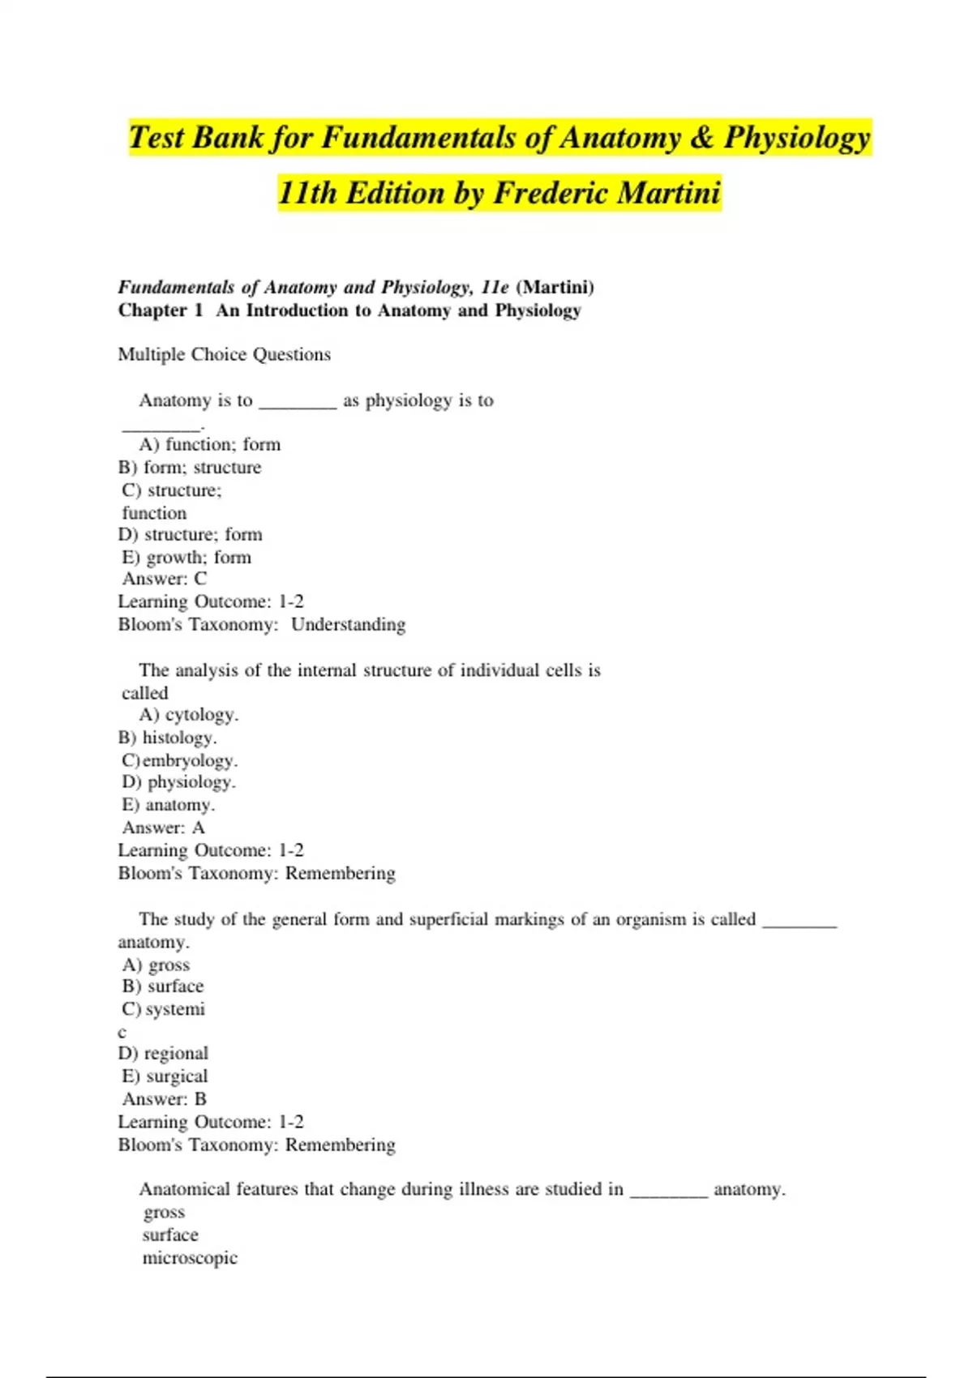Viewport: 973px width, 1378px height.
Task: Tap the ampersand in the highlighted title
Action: coord(701,138)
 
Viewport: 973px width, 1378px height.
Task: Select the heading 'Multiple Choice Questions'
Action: coord(225,354)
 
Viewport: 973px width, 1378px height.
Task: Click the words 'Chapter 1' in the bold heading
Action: coord(161,310)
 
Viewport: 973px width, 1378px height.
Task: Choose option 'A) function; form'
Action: coord(210,444)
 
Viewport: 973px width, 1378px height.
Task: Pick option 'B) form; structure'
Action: coord(190,467)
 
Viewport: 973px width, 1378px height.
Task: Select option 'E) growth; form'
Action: coord(186,557)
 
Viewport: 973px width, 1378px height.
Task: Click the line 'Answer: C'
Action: coord(165,579)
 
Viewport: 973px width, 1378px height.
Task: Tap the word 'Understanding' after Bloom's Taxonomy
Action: coord(348,624)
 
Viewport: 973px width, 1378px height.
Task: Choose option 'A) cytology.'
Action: coord(189,714)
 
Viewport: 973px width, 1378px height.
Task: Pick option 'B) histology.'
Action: coord(168,738)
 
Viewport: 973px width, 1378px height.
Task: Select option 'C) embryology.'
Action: coord(180,760)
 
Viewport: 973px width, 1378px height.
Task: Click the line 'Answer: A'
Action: coord(164,828)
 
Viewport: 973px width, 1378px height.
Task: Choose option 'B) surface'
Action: coord(163,986)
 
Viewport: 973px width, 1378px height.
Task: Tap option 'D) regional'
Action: coord(164,1054)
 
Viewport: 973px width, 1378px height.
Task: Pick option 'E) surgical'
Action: coord(165,1076)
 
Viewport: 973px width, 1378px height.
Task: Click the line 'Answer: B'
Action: coord(165,1099)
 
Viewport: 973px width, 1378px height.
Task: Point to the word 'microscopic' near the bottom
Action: coord(190,1258)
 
